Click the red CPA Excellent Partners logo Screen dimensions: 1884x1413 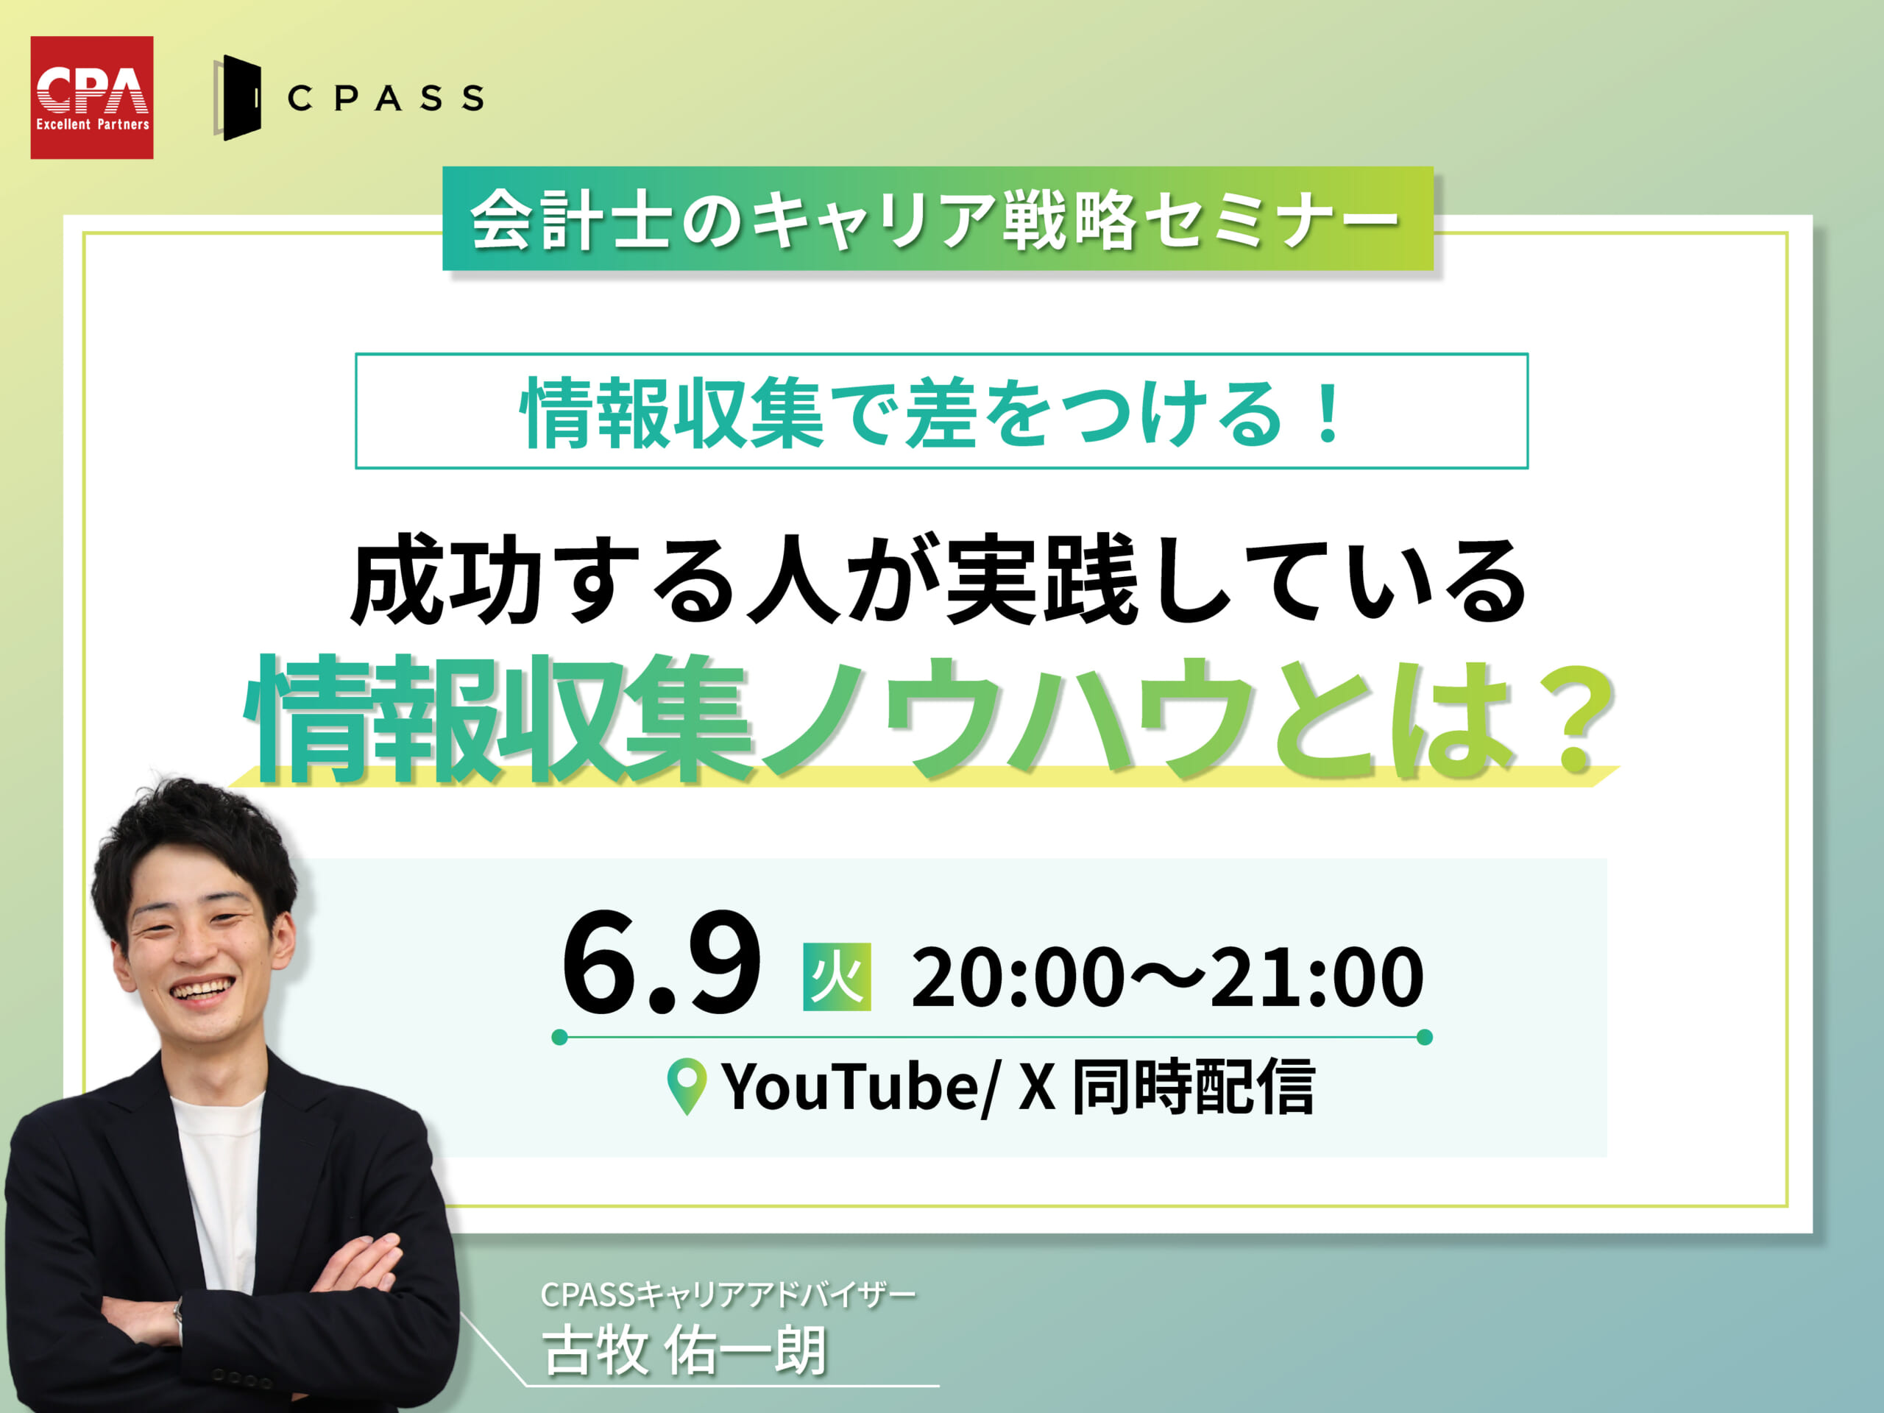pyautogui.click(x=92, y=97)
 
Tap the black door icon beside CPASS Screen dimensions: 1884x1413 pyautogui.click(x=238, y=98)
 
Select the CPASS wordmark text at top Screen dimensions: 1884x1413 pyautogui.click(x=386, y=98)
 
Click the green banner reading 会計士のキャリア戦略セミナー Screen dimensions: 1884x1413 pyautogui.click(x=938, y=219)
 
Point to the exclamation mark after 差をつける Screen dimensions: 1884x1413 pyautogui.click(x=1327, y=414)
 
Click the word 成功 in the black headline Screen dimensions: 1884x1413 pyautogui.click(x=447, y=580)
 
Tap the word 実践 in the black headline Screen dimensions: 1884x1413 pyautogui.click(x=1041, y=580)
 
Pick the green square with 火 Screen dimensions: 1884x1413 pyautogui.click(x=837, y=977)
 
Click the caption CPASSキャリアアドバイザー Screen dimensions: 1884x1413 pyautogui.click(x=729, y=1295)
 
